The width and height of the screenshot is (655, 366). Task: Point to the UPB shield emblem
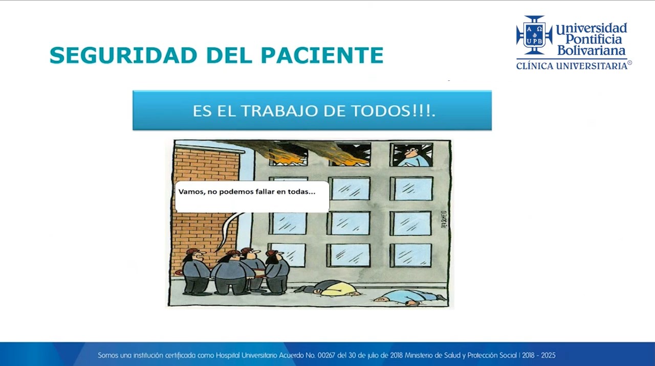tap(534, 35)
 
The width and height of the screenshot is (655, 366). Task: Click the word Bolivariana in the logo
tap(591, 51)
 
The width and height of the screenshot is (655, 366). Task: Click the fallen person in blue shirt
tap(409, 297)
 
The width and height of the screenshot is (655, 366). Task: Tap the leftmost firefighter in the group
tap(195, 271)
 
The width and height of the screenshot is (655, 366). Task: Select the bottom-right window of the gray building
tap(411, 255)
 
